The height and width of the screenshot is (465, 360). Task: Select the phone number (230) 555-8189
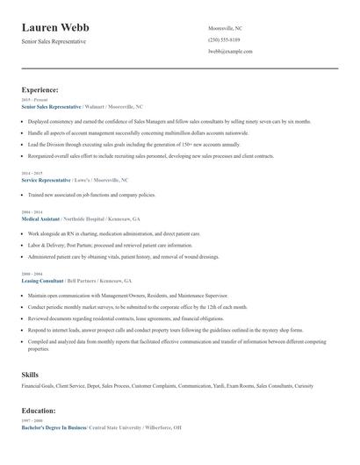(223, 40)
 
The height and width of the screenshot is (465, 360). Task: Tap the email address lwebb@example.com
(229, 53)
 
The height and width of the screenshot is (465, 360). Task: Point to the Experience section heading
(40, 89)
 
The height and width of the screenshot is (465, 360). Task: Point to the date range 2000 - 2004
(31, 275)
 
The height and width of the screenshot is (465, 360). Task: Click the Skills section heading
(30, 375)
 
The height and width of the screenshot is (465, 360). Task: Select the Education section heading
(42, 411)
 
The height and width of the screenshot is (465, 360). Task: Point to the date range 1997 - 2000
(31, 420)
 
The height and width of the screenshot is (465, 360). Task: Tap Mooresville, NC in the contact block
(226, 28)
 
